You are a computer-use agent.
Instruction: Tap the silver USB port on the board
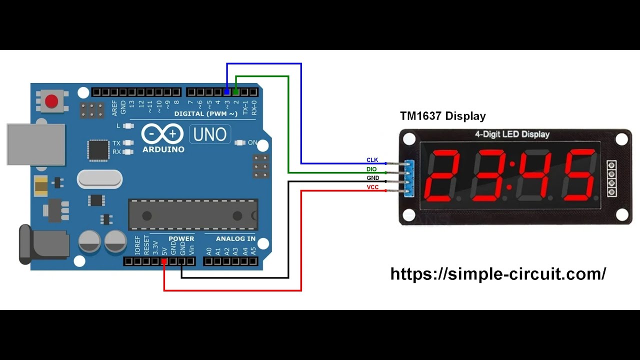click(35, 144)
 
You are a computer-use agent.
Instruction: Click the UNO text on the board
click(210, 134)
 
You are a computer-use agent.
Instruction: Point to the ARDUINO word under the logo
click(163, 149)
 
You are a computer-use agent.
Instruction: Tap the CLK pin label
click(372, 160)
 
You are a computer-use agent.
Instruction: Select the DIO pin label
click(371, 169)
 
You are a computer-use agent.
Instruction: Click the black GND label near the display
click(372, 178)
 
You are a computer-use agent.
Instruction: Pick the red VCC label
click(372, 187)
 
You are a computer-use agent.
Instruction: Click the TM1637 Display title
click(442, 116)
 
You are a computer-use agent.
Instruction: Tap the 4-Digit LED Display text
click(511, 134)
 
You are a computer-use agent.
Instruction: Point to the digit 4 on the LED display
click(534, 175)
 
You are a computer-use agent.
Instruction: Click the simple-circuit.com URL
click(498, 273)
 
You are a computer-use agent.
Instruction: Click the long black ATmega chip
click(193, 215)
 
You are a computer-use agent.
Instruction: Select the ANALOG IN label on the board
click(235, 239)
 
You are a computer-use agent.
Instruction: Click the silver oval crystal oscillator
click(99, 178)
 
